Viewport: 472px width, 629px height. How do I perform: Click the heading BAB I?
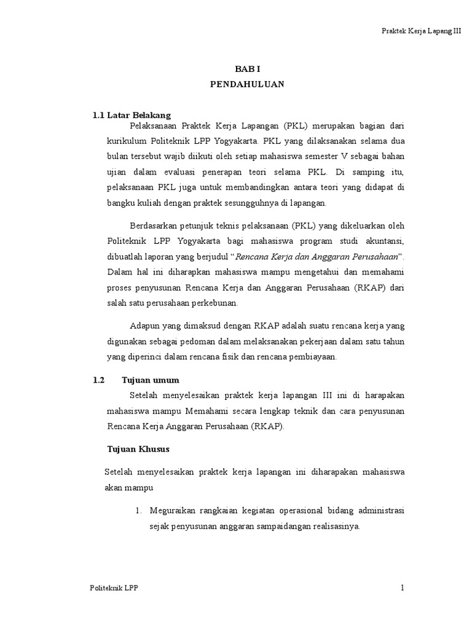248,70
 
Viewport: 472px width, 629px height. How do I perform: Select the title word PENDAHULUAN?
248,85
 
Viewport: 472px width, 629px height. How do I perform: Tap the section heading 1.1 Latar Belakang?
131,115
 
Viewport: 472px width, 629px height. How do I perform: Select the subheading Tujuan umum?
151,380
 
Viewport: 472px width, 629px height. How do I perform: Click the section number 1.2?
99,380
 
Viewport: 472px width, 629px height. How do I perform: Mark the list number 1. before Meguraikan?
138,511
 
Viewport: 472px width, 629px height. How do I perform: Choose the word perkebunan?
213,303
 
